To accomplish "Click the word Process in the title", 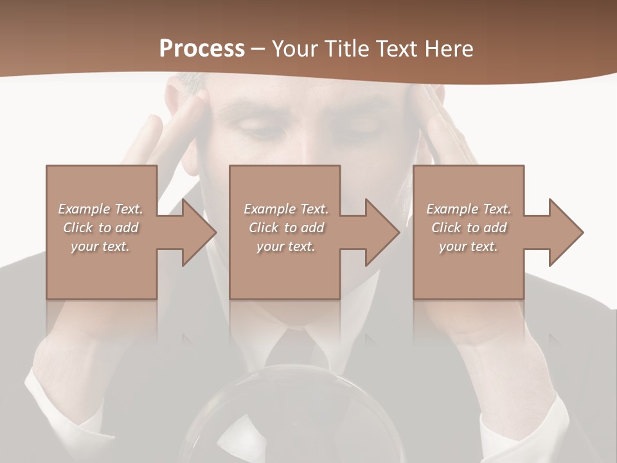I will tap(202, 48).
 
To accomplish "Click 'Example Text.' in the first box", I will tap(101, 209).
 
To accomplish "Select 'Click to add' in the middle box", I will tap(286, 228).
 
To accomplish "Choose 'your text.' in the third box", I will tap(469, 246).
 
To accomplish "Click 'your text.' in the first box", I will tap(101, 246).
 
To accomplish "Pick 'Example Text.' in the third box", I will tap(469, 209).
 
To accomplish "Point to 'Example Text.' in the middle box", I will tap(286, 209).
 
